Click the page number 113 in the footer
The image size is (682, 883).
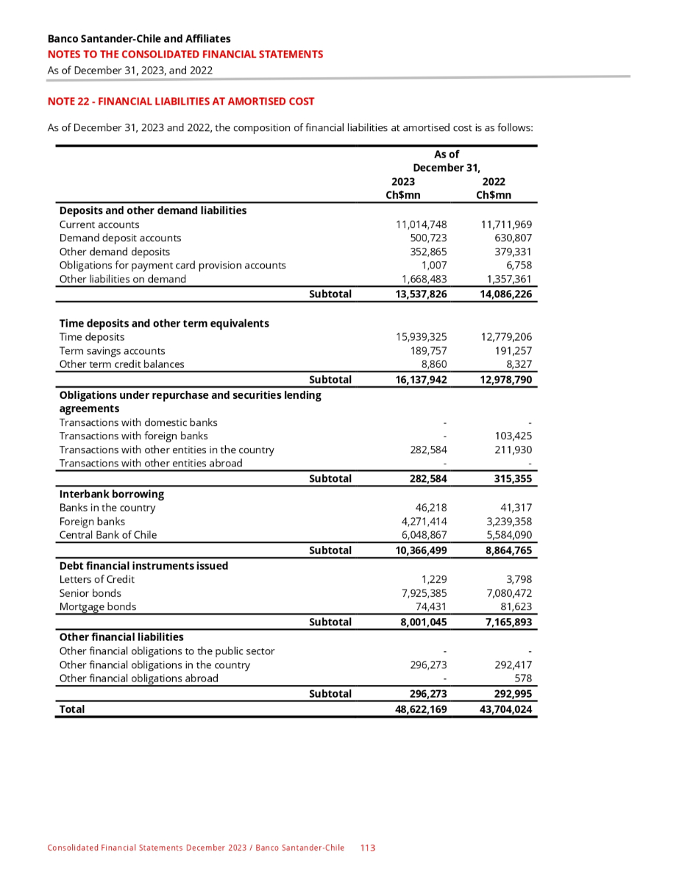[368, 848]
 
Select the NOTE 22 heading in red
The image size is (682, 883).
[180, 101]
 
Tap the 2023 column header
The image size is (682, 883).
[403, 182]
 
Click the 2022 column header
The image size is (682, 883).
[493, 182]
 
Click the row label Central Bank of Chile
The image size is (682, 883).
[108, 535]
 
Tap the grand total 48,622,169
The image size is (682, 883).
[417, 709]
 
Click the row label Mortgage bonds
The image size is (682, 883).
[98, 607]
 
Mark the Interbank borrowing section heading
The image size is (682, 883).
[111, 494]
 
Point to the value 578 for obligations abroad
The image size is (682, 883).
[523, 678]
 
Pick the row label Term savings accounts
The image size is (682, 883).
[112, 350]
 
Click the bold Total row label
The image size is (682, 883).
[72, 709]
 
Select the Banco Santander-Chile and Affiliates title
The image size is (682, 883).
[139, 38]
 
